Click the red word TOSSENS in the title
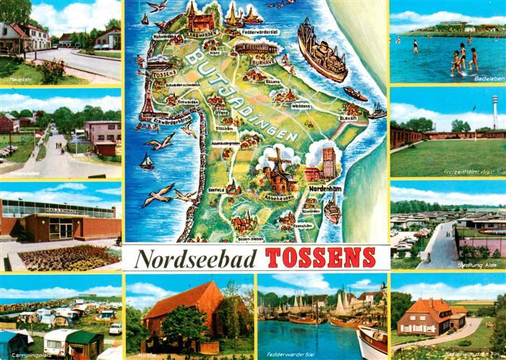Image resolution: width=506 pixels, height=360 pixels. tap(320, 257)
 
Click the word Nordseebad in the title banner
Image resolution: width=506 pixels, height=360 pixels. tap(197, 258)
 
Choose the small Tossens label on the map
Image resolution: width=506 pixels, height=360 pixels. tap(165, 73)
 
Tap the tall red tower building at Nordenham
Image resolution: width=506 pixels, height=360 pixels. tap(328, 162)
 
